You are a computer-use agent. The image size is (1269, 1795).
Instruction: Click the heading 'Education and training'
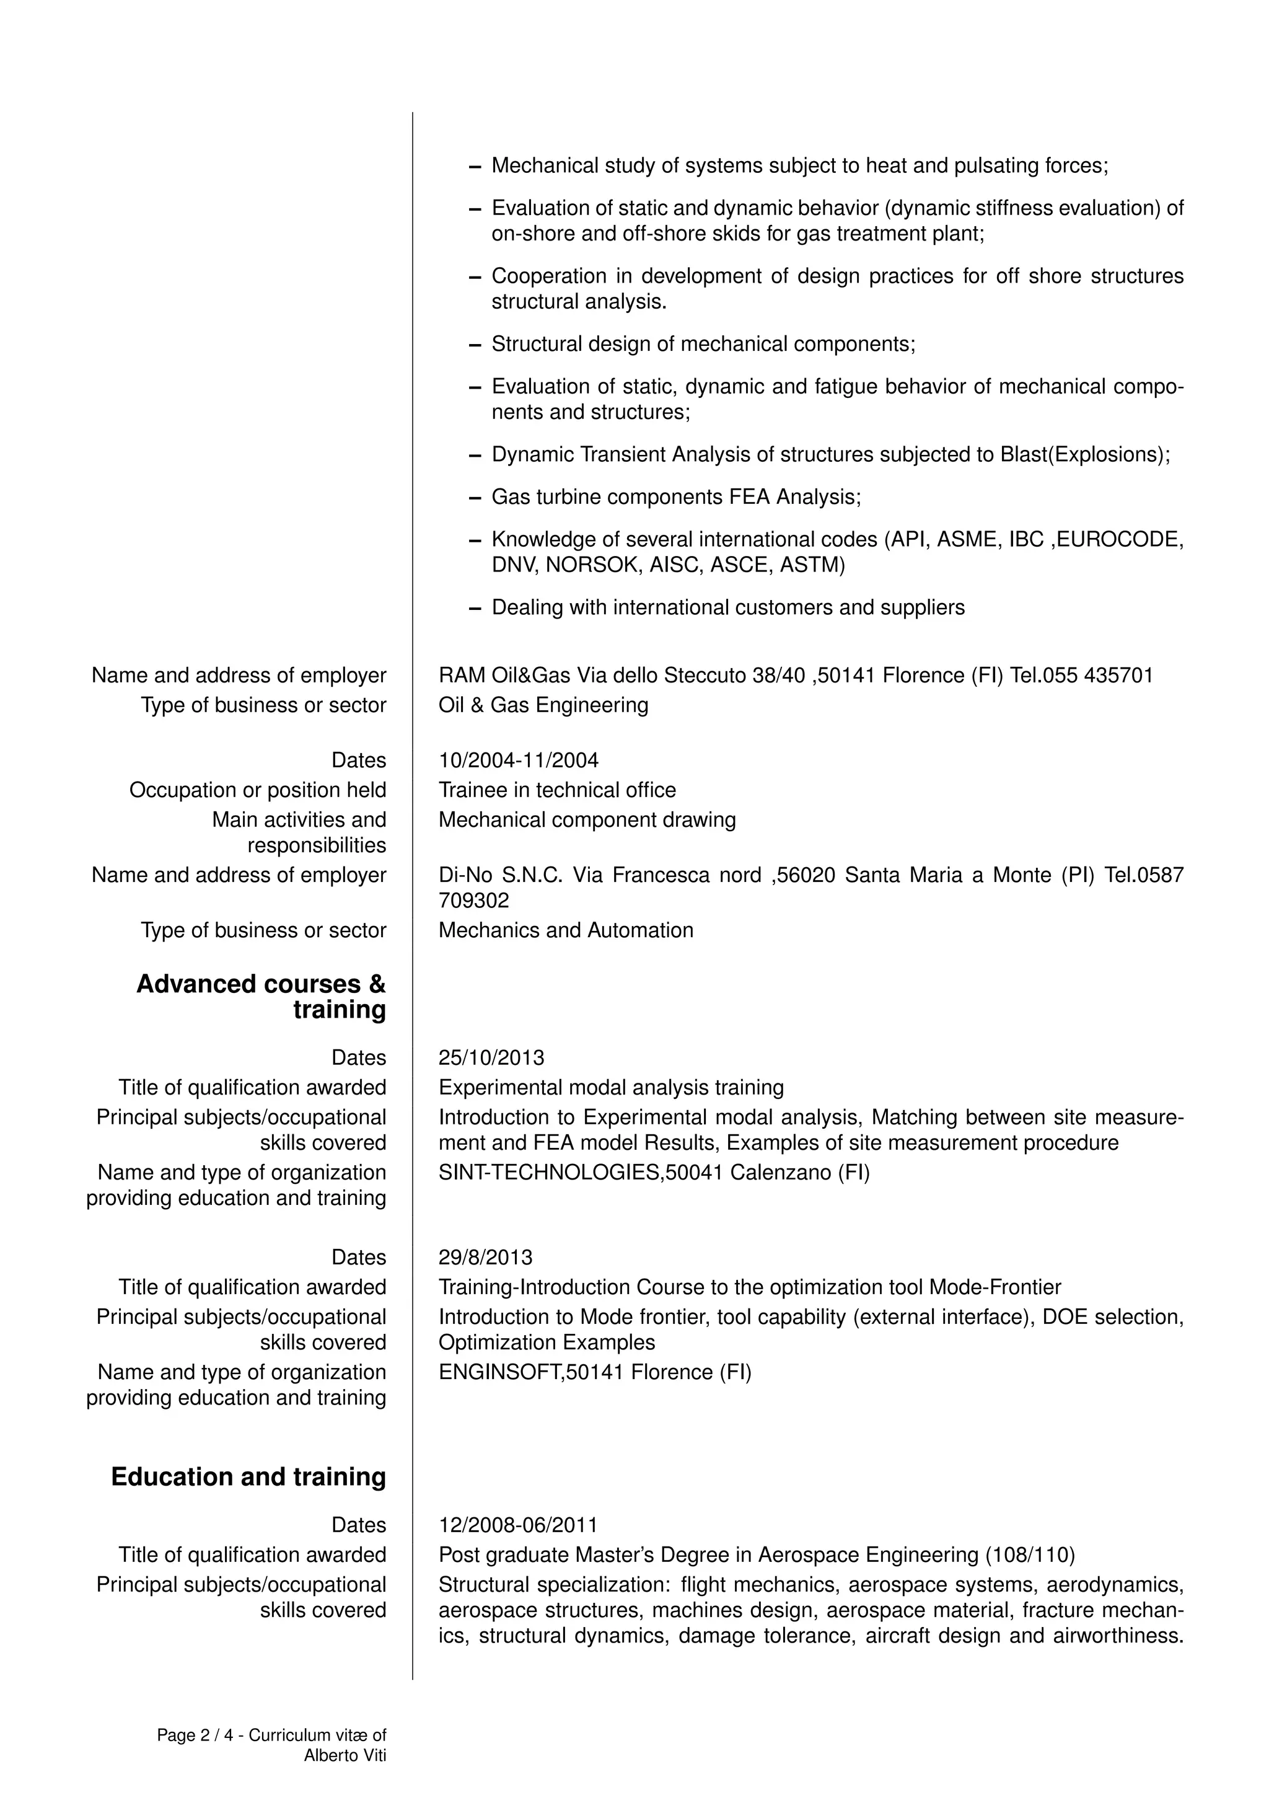point(248,1477)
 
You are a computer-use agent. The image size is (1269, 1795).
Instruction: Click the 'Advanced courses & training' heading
point(261,996)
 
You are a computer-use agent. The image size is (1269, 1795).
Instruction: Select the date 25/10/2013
point(491,1058)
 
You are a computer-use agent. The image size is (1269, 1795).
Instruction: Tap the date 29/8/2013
point(485,1257)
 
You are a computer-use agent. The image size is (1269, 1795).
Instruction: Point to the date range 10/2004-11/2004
point(518,760)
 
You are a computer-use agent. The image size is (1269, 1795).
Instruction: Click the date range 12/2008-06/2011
point(518,1525)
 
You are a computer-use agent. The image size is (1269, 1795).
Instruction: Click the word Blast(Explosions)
point(1084,454)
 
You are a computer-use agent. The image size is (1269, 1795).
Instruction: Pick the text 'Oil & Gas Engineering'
point(543,705)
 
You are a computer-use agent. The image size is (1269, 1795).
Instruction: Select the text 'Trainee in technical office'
point(557,790)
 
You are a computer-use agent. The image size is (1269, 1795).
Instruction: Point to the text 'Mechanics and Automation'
point(566,930)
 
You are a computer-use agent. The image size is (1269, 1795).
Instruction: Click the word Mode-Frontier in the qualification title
point(995,1287)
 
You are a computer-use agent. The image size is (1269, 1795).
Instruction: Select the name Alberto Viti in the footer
point(345,1755)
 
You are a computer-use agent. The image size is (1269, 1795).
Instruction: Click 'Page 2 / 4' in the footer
point(195,1735)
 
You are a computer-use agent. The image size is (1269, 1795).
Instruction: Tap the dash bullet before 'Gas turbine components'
point(474,498)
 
